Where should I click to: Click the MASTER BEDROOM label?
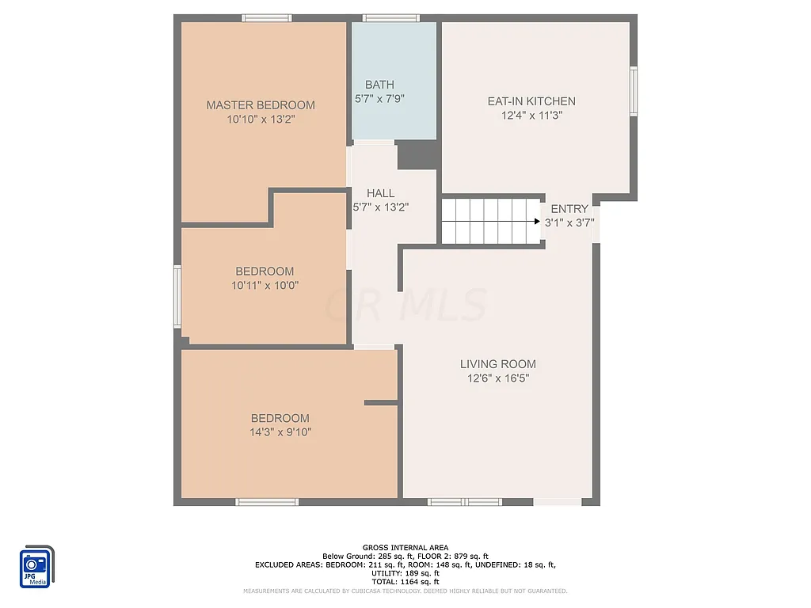261,104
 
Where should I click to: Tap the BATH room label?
379,85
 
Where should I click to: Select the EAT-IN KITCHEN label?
531,101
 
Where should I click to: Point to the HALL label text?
380,193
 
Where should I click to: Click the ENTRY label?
569,209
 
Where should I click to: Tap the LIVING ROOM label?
497,364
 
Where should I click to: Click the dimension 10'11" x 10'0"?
265,285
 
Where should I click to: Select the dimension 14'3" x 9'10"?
280,432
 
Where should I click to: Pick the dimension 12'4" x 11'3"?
531,116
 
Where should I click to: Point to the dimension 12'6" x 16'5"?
497,378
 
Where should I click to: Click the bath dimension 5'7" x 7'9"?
379,99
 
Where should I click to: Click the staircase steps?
487,222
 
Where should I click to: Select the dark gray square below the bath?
418,154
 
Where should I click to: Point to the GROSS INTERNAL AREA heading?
405,548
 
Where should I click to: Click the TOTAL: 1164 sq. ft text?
405,581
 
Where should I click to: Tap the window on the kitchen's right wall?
634,91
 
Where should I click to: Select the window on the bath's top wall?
386,17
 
